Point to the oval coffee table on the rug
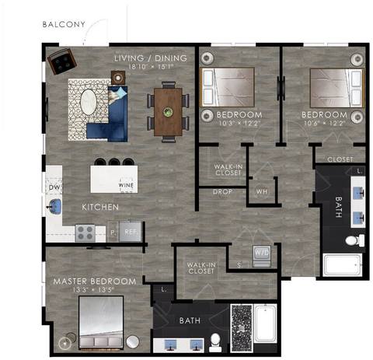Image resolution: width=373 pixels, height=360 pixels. [90, 103]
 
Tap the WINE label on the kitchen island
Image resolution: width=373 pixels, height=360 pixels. [125, 187]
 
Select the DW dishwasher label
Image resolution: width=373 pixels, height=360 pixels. [54, 187]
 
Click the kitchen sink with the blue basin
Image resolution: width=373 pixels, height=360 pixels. [54, 207]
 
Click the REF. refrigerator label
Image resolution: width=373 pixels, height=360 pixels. [131, 232]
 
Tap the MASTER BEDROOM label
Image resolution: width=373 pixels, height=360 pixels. [94, 281]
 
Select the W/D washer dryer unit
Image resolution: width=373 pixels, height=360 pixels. [261, 253]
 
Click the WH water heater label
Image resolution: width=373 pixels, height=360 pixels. [261, 191]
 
